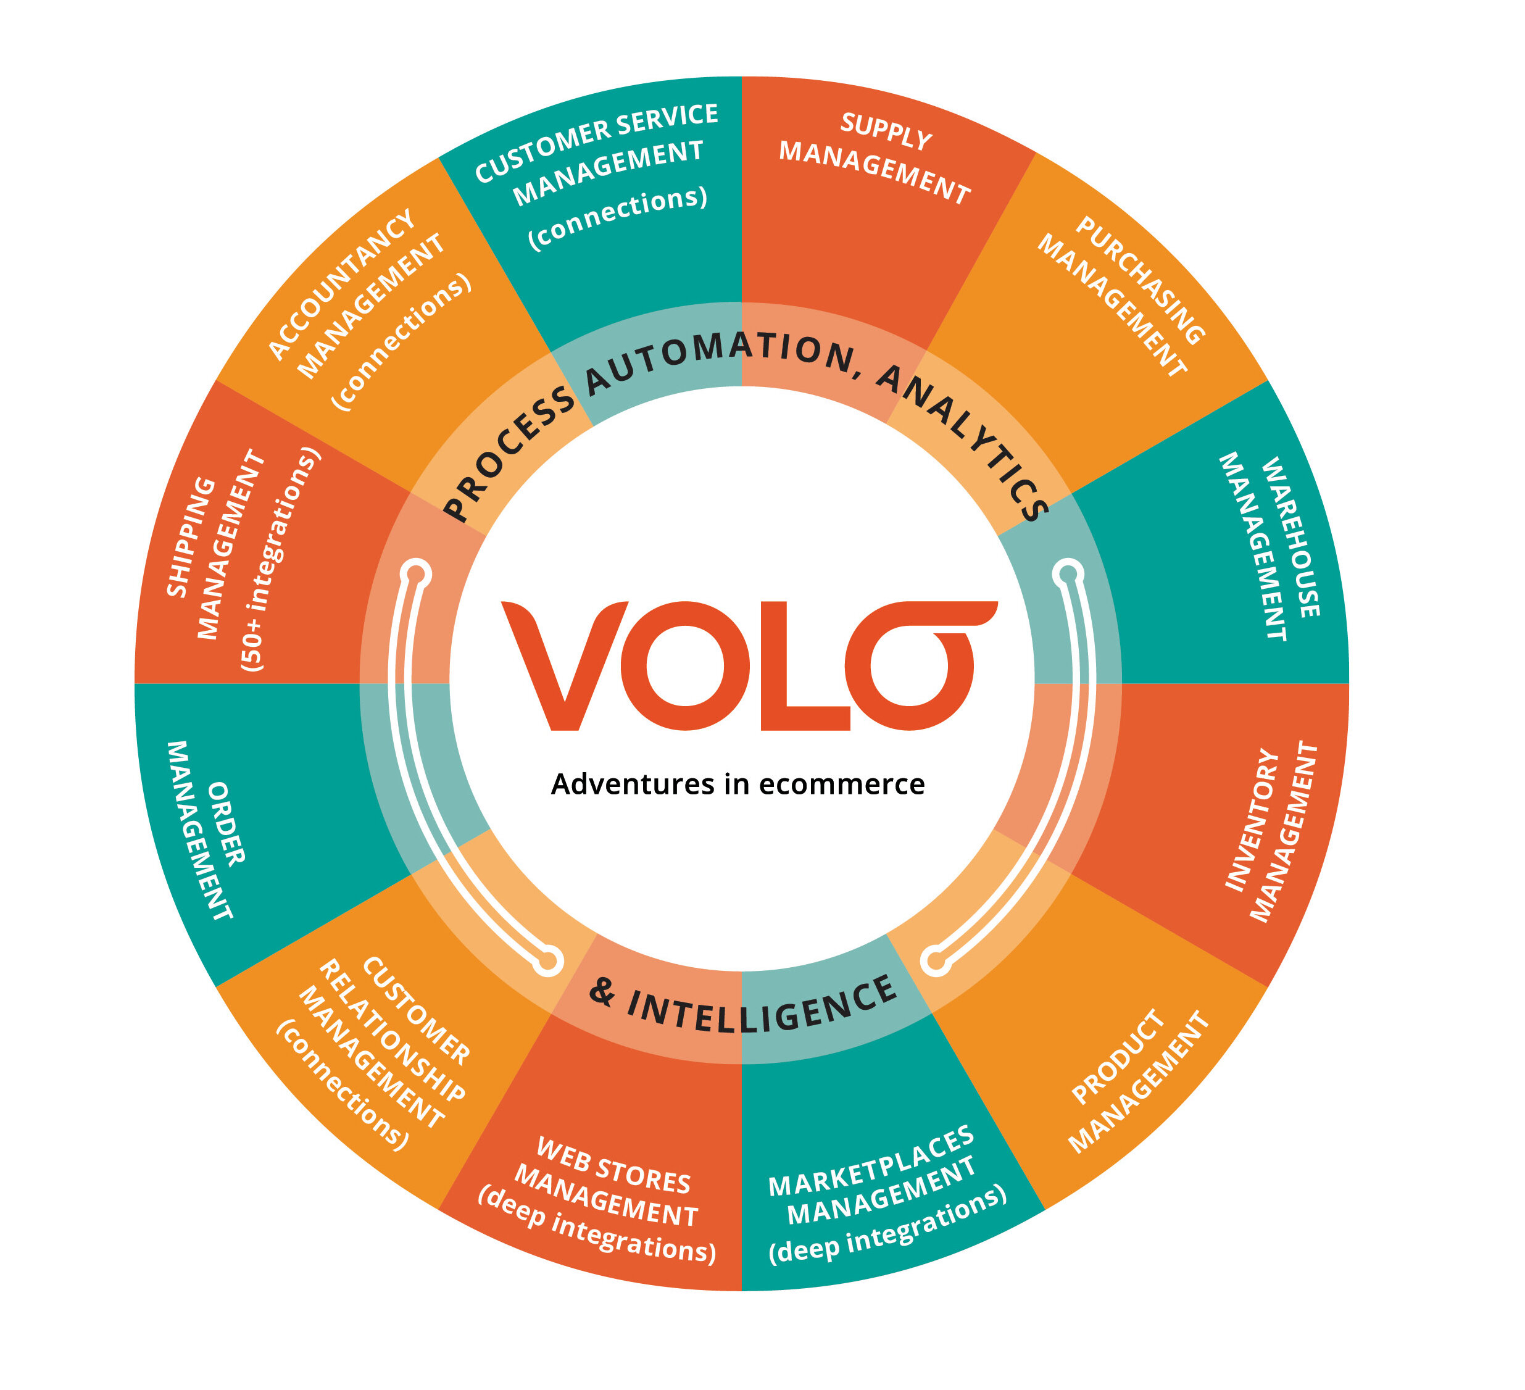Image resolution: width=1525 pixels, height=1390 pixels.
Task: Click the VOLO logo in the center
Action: click(749, 666)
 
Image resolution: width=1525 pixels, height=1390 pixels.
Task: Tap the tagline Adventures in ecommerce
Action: click(738, 784)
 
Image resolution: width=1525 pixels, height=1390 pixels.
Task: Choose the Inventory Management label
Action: click(1271, 833)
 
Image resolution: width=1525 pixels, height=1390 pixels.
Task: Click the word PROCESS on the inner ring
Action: click(507, 454)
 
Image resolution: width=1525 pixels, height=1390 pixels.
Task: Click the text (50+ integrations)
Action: click(280, 560)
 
